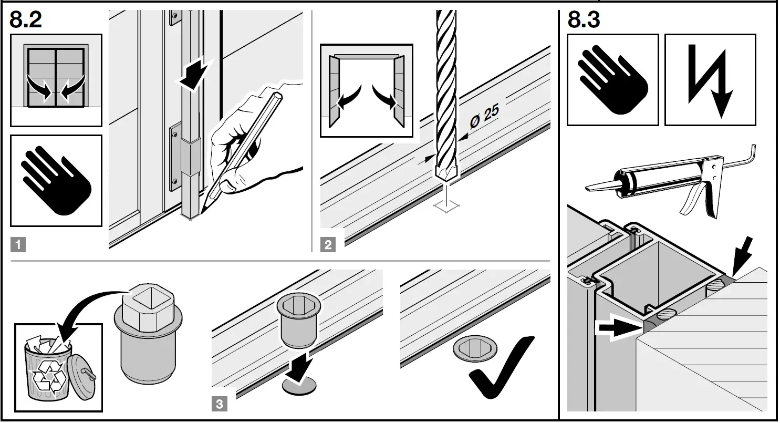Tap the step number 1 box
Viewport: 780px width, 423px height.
[x=18, y=244]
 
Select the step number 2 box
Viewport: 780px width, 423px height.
[x=328, y=244]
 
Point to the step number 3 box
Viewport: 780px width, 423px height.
[x=220, y=404]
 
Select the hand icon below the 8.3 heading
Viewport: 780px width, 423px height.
[x=612, y=80]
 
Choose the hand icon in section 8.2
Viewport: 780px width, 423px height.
[x=56, y=181]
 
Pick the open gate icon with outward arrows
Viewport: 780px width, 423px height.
[x=366, y=91]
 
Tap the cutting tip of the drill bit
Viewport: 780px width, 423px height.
[x=445, y=174]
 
